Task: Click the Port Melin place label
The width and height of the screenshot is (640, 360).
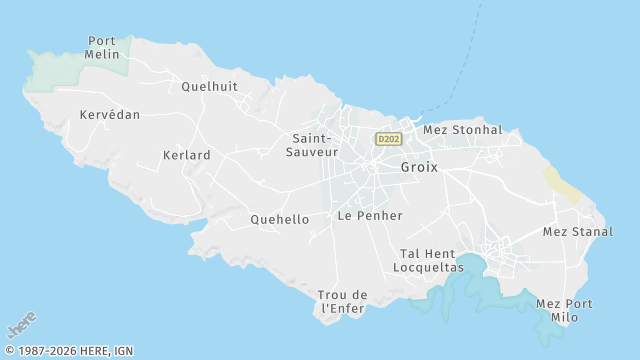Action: click(102, 48)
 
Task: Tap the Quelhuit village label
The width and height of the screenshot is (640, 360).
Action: click(209, 86)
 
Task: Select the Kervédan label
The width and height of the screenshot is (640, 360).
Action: click(110, 115)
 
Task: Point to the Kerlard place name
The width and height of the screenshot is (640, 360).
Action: click(186, 155)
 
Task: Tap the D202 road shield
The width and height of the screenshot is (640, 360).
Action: click(389, 139)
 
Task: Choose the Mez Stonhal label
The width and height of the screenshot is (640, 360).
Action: click(463, 130)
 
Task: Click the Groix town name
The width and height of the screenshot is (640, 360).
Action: click(419, 167)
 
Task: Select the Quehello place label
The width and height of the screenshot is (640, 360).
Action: click(279, 219)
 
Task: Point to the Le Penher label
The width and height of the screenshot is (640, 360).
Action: click(370, 215)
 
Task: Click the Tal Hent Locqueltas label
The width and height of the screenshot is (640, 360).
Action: click(429, 261)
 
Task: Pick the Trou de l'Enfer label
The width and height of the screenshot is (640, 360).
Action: click(342, 301)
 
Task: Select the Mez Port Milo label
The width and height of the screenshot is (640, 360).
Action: click(564, 310)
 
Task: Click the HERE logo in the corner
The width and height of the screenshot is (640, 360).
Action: click(21, 325)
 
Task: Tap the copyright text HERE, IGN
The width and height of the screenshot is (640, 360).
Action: click(69, 351)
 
